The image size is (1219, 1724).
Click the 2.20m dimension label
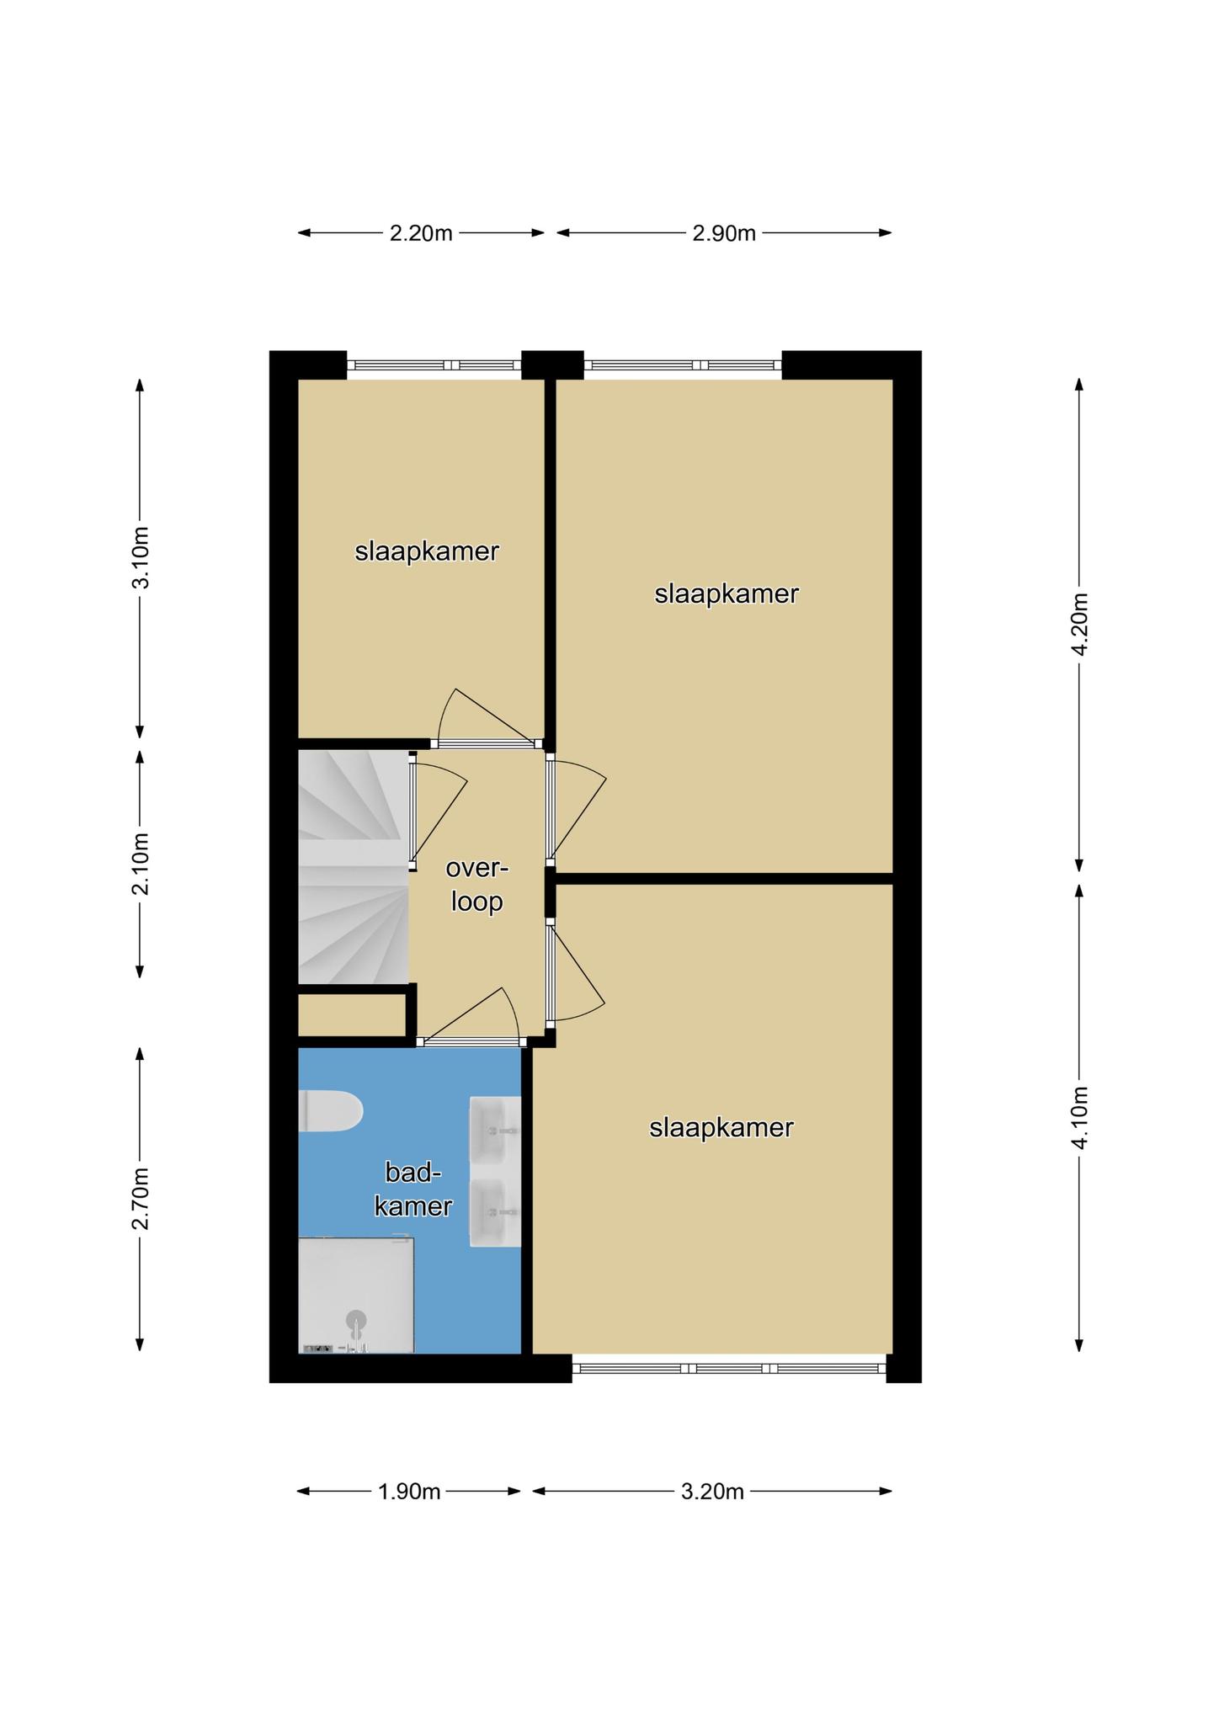pyautogui.click(x=421, y=233)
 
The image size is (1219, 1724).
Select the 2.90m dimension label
pyautogui.click(x=724, y=233)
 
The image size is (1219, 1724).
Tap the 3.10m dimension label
pyautogui.click(x=141, y=557)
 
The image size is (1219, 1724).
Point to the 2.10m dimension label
pyautogui.click(x=141, y=864)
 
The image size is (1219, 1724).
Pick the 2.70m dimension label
pyautogui.click(x=141, y=1199)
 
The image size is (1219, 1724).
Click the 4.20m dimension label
pyautogui.click(x=1080, y=624)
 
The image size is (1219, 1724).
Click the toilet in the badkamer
pyautogui.click(x=331, y=1111)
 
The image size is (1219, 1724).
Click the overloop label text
pyautogui.click(x=477, y=885)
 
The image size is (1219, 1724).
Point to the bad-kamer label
pyautogui.click(x=413, y=1189)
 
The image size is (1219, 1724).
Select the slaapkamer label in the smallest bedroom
pyautogui.click(x=427, y=552)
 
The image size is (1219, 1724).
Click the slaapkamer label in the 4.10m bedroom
pyautogui.click(x=721, y=1128)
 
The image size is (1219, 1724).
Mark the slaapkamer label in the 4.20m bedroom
pyautogui.click(x=727, y=594)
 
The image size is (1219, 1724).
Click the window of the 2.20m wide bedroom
pyautogui.click(x=434, y=365)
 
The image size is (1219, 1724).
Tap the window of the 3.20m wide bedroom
pyautogui.click(x=729, y=1369)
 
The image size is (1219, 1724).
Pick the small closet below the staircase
pyautogui.click(x=353, y=1016)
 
